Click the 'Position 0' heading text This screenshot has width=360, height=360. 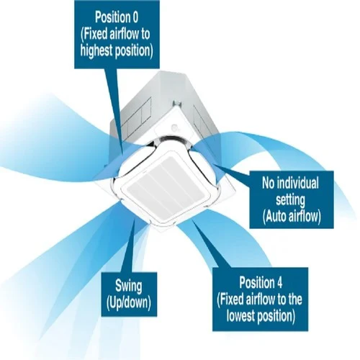[117, 17]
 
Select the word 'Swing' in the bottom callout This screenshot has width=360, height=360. [129, 287]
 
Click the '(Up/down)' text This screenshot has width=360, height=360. [129, 302]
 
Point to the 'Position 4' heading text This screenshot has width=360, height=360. [261, 282]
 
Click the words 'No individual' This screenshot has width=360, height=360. [290, 183]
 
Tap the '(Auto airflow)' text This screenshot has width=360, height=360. [292, 217]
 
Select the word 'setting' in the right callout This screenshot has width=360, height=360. [290, 199]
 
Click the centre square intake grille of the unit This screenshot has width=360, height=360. [166, 187]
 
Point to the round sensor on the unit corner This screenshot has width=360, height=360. [175, 128]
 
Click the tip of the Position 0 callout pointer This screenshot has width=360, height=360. [123, 154]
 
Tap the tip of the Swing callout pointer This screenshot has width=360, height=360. [135, 219]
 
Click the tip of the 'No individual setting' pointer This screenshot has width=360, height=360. [214, 164]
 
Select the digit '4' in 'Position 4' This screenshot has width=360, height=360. [279, 282]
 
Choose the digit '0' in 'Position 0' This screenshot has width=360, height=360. [135, 17]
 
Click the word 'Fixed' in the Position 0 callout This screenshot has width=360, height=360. [95, 34]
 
